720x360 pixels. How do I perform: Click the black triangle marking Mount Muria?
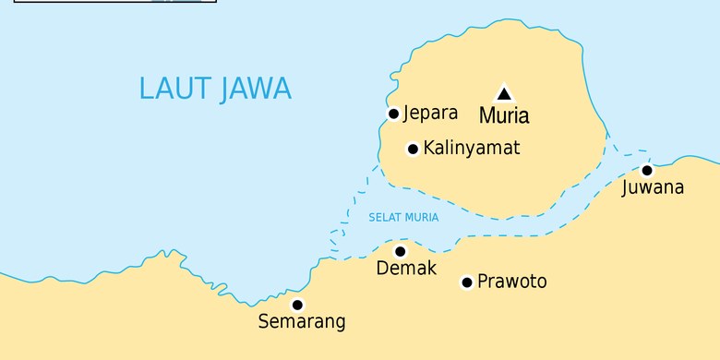504,92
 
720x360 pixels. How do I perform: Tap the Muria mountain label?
504,116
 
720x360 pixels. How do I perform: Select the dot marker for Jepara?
393,114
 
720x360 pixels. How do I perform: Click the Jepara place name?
430,114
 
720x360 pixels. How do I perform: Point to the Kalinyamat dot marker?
413,149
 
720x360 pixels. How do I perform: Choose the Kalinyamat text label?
471,149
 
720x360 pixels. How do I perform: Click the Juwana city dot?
647,170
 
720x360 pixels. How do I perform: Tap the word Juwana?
653,188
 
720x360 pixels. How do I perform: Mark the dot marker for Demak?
400,251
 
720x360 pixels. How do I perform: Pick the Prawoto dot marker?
467,282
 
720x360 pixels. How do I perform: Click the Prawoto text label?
511,282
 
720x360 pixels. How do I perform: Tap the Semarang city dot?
297,305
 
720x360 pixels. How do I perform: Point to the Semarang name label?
302,323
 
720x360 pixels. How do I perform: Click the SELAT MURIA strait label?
403,218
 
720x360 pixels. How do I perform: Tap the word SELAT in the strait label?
384,218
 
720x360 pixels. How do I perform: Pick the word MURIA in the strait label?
421,218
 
